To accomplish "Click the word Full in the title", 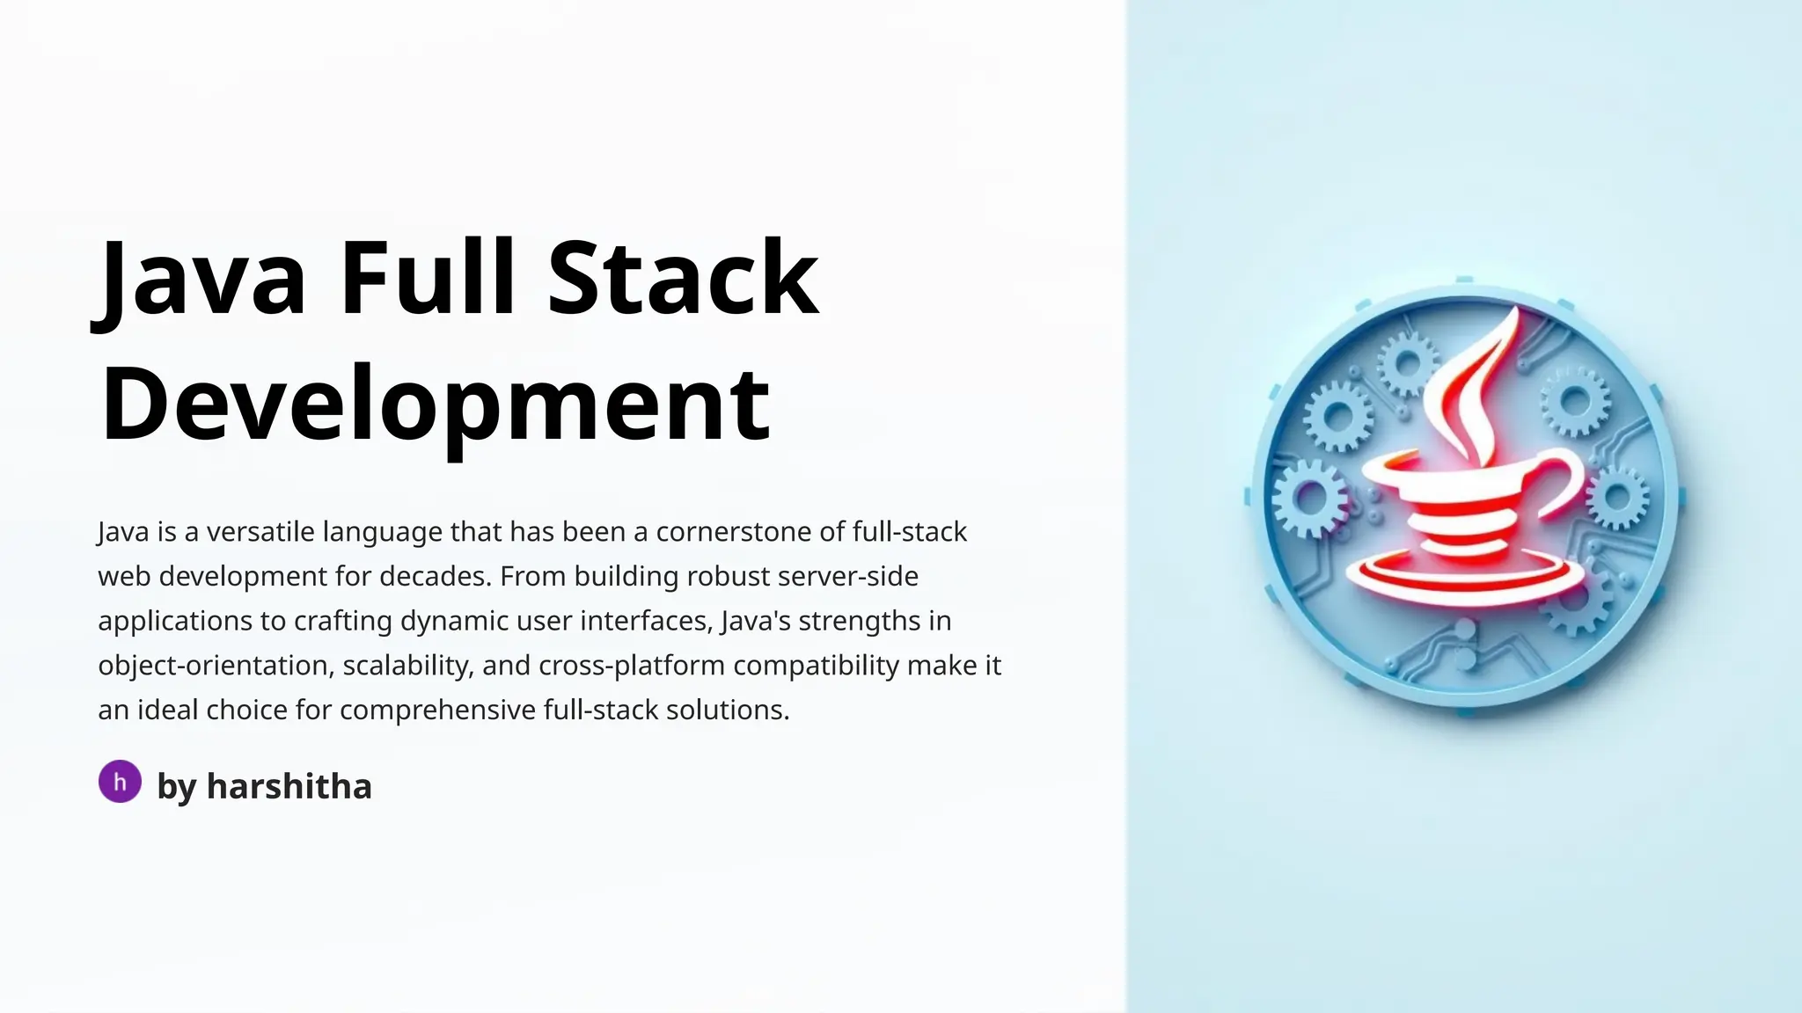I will coord(427,277).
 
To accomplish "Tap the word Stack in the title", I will coord(683,277).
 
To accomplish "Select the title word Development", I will coord(436,404).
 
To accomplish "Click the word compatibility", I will coord(816,666).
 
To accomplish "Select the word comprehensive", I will coord(437,711).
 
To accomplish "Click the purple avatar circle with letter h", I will coord(120,782).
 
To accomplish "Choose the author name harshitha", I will coord(289,786).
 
